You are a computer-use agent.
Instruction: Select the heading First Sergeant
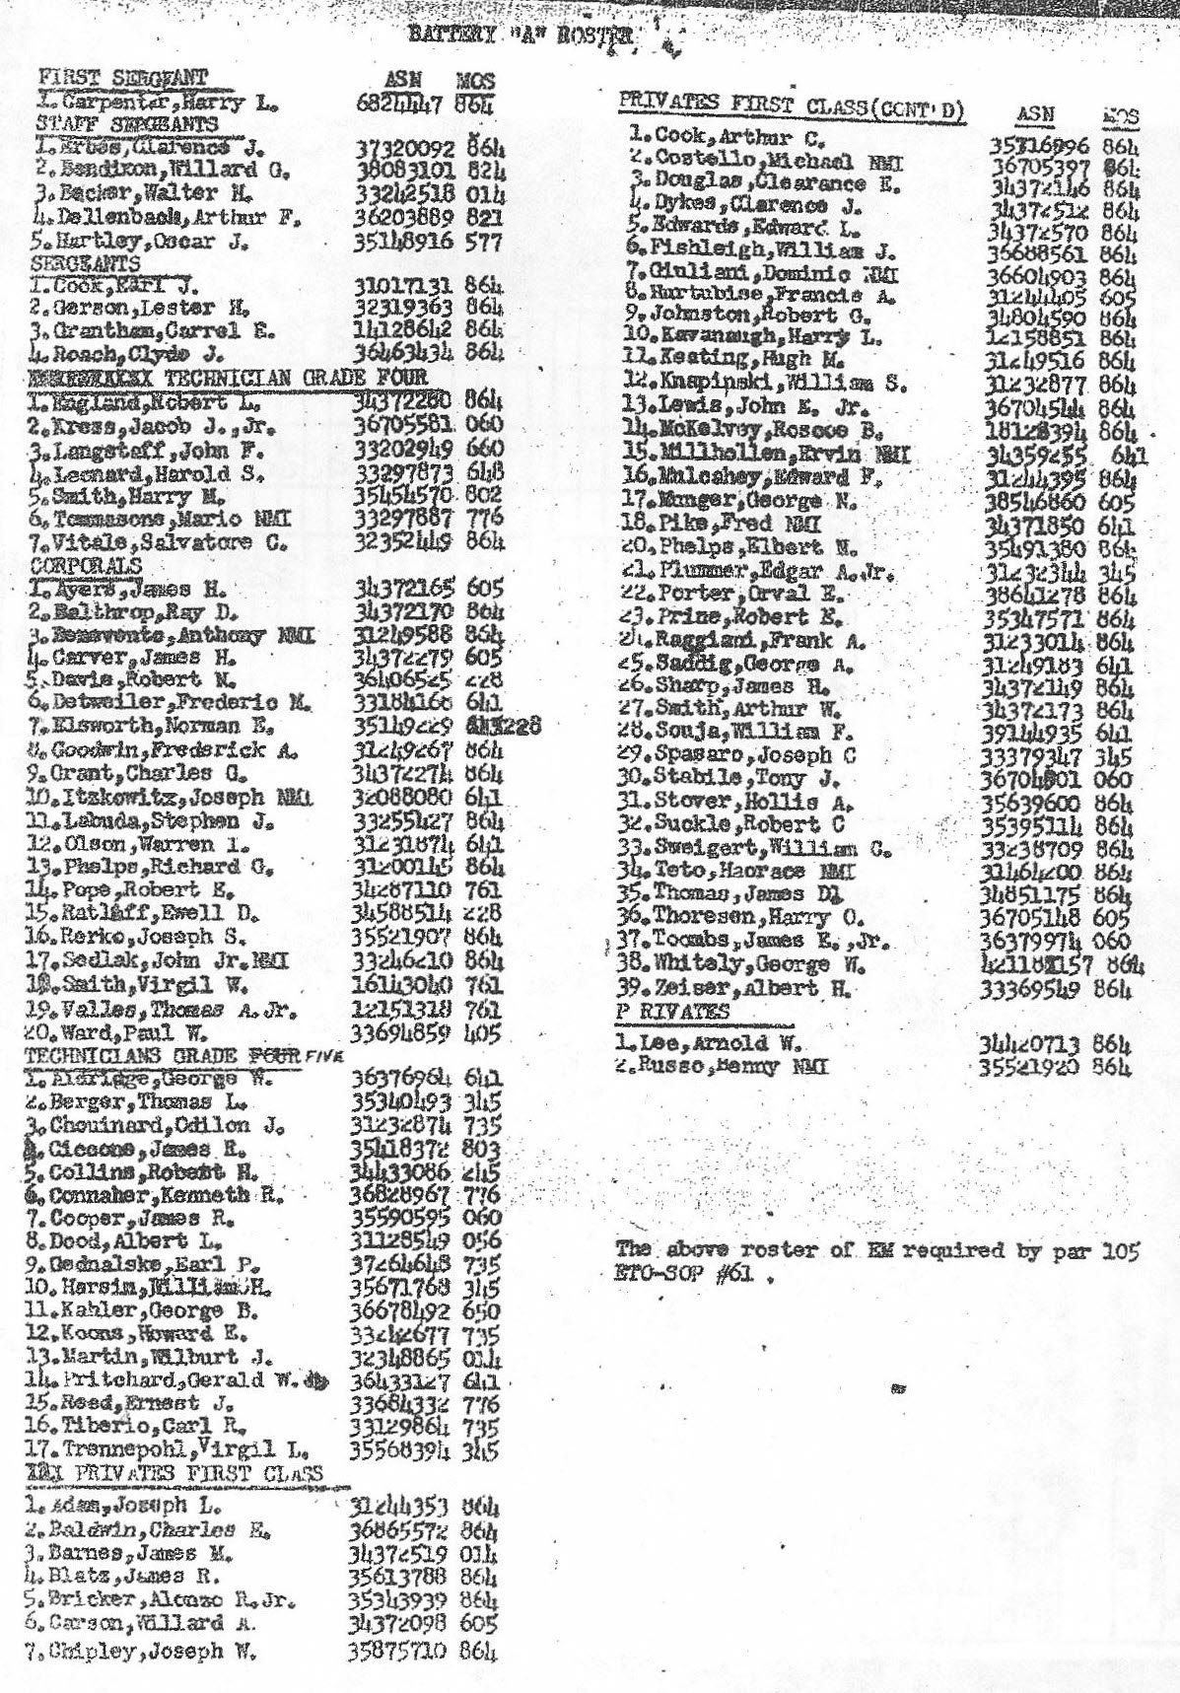tap(122, 78)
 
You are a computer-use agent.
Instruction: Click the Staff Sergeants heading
tap(126, 124)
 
